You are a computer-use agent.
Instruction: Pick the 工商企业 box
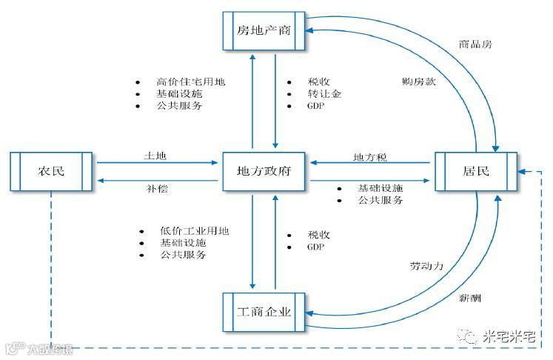[x=264, y=311]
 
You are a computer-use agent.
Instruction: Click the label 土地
[x=155, y=156]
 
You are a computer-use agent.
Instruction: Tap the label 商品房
[x=475, y=44]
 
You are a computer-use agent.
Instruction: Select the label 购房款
[x=419, y=81]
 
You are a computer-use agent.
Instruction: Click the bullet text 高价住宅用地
[x=190, y=81]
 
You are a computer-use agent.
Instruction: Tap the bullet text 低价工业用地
[x=194, y=230]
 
